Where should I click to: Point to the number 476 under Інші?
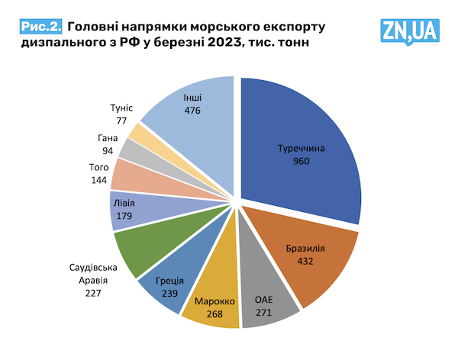point(192,111)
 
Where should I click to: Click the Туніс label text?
point(122,108)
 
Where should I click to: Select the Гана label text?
point(108,138)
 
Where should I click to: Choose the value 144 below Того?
point(99,181)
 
